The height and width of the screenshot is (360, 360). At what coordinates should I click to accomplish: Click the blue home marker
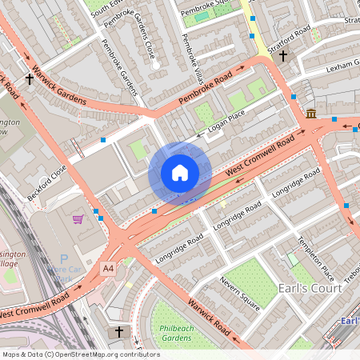[180, 173]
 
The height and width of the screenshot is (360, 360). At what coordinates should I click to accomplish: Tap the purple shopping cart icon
[78, 218]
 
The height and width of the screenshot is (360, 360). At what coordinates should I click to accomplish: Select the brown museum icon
[310, 114]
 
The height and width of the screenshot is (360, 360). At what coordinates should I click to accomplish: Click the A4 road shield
[108, 268]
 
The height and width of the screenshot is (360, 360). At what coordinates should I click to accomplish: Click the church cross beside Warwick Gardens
[30, 79]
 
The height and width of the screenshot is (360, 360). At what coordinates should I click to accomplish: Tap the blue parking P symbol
[64, 259]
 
